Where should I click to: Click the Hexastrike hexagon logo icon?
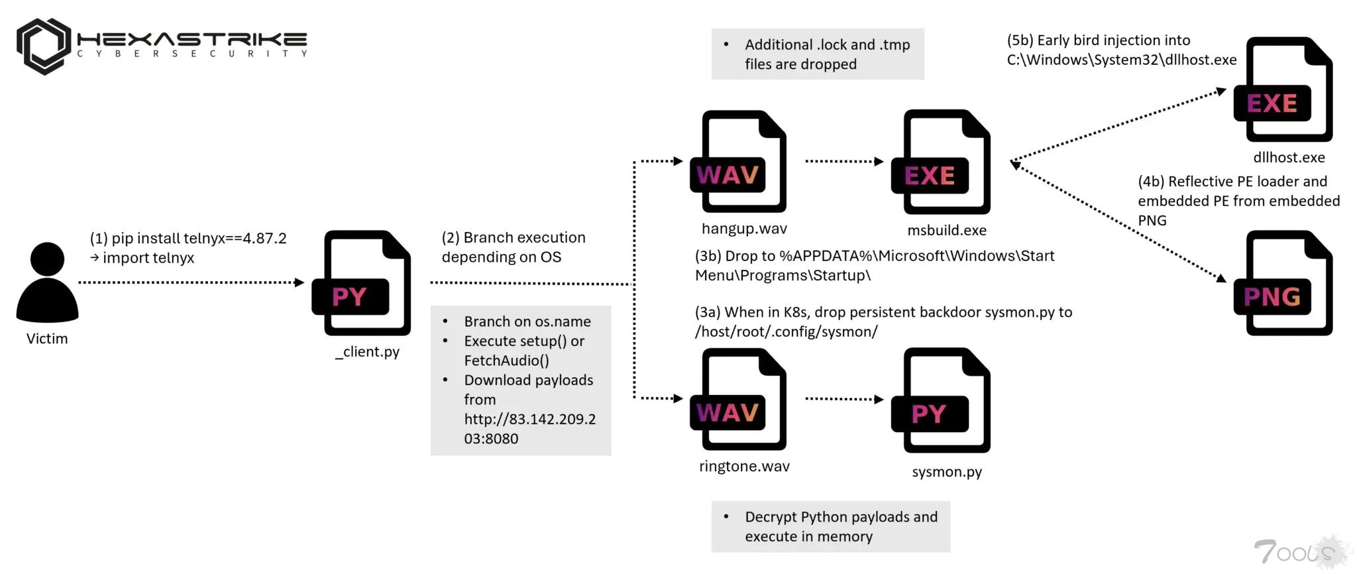point(43,46)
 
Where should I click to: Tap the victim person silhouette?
point(47,283)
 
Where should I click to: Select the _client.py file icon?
point(362,283)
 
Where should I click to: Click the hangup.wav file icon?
point(739,162)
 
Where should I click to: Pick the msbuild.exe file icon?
point(942,162)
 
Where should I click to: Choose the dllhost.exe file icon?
point(1283,89)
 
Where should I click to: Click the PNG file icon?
point(1283,283)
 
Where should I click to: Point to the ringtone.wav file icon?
point(739,399)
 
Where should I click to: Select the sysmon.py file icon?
point(942,400)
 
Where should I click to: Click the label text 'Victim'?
point(47,339)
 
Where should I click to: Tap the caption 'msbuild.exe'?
point(947,231)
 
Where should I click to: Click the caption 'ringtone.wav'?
point(744,467)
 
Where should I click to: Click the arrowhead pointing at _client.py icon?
point(299,282)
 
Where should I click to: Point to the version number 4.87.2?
point(264,239)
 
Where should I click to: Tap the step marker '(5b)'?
point(1020,40)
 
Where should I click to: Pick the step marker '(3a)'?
point(707,312)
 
